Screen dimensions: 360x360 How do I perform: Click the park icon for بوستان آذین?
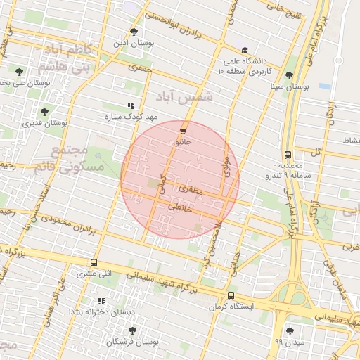pyautogui.click(x=134, y=32)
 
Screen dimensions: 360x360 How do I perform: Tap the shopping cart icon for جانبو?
pyautogui.click(x=183, y=131)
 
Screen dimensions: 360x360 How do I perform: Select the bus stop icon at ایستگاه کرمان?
pyautogui.click(x=231, y=295)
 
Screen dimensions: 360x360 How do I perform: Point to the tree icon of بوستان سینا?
pyautogui.click(x=290, y=75)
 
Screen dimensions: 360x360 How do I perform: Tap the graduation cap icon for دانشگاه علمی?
pyautogui.click(x=245, y=51)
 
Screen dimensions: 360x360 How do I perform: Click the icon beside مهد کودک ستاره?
pyautogui.click(x=130, y=105)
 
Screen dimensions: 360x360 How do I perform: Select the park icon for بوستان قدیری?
pyautogui.click(x=44, y=112)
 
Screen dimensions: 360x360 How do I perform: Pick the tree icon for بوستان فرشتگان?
pyautogui.click(x=132, y=330)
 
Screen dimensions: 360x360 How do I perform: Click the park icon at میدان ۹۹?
pyautogui.click(x=290, y=330)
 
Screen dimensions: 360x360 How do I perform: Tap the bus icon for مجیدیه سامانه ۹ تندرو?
pyautogui.click(x=288, y=155)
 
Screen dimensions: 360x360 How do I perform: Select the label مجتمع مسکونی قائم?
pyautogui.click(x=77, y=160)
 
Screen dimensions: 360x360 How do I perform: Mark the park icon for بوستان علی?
pyautogui.click(x=19, y=72)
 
